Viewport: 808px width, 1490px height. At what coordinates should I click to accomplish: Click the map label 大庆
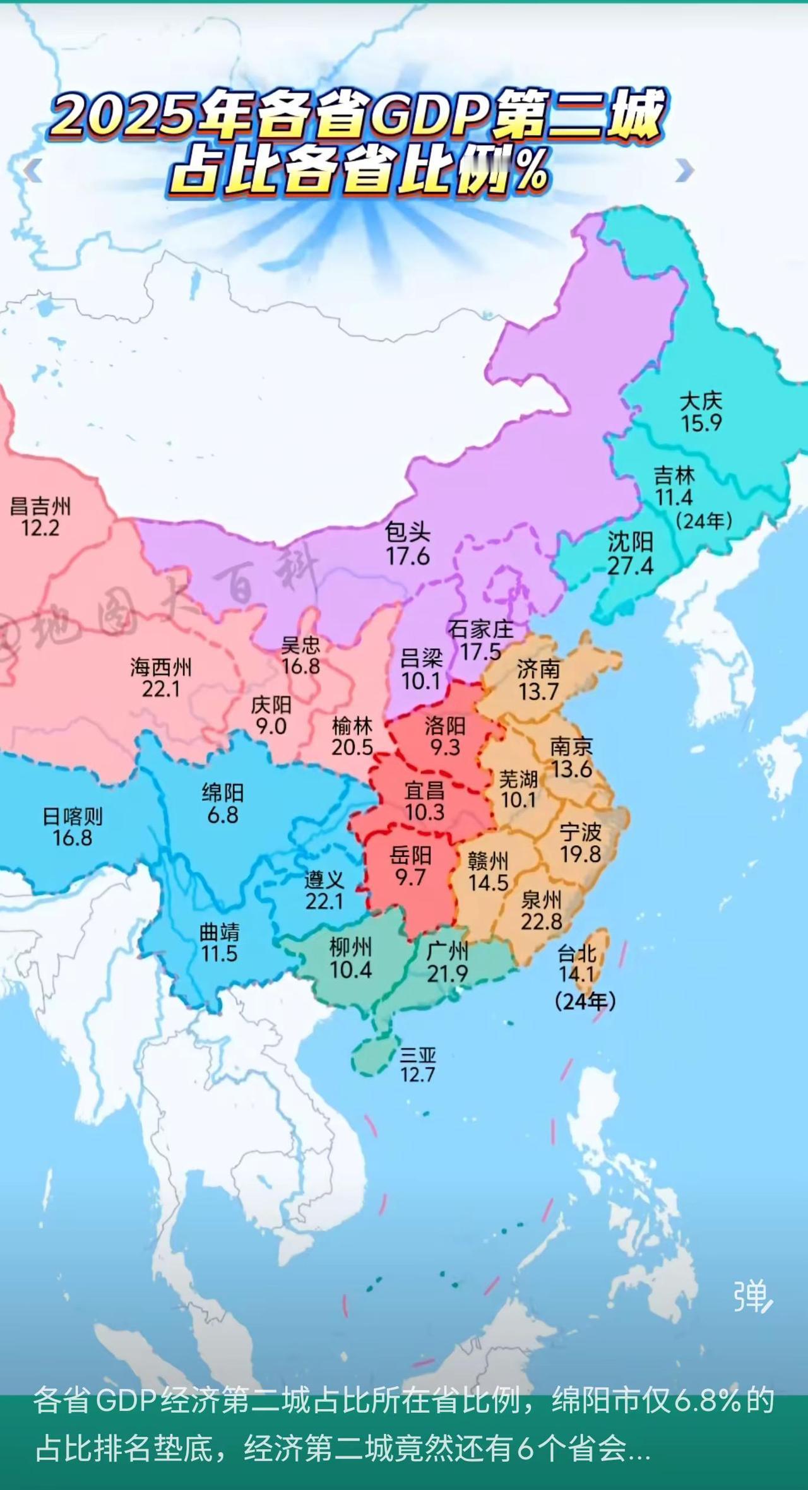tap(701, 401)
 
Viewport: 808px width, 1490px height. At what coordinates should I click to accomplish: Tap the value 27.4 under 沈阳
tap(630, 565)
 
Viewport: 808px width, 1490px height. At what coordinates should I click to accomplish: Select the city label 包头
tap(408, 533)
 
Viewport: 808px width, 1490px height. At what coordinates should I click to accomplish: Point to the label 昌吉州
tap(40, 506)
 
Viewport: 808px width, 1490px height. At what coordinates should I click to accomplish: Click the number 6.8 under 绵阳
tap(223, 815)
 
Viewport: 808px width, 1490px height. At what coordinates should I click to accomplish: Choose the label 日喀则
tap(72, 816)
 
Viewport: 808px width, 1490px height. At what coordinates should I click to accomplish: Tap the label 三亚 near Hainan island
tap(417, 1055)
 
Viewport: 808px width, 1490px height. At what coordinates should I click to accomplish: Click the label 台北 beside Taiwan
tap(576, 953)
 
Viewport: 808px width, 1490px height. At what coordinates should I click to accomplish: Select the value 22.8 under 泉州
tap(541, 921)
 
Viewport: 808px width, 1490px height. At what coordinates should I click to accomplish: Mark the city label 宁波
tap(580, 832)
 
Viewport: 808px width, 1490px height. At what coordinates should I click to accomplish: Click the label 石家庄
tap(480, 629)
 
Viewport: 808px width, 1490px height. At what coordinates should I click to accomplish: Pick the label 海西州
tap(161, 667)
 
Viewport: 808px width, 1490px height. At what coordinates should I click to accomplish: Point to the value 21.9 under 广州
tap(447, 974)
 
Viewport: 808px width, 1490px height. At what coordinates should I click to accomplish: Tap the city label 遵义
tap(324, 879)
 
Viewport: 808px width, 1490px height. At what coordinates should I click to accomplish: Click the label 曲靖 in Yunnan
tap(219, 931)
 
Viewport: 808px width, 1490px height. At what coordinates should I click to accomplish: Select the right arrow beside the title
tap(684, 170)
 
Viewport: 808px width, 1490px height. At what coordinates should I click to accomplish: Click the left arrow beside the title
tap(33, 170)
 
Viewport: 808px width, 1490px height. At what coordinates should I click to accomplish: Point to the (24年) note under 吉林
tap(703, 521)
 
